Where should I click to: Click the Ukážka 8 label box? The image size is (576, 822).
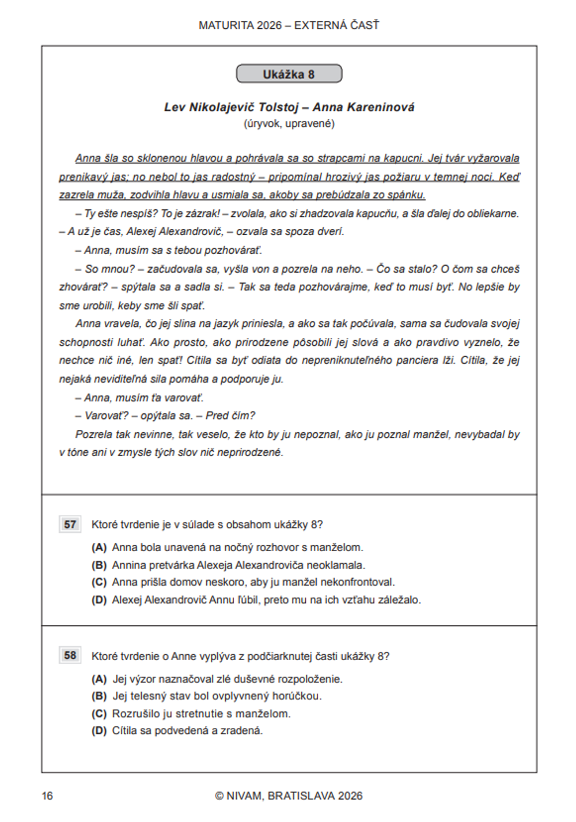pos(289,74)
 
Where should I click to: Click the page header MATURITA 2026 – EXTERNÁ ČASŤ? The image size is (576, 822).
pos(289,25)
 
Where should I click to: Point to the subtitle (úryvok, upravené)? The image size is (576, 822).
pos(289,123)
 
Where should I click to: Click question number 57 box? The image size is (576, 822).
pos(70,525)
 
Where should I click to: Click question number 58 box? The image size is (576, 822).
pos(70,655)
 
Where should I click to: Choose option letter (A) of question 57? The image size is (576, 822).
pos(99,548)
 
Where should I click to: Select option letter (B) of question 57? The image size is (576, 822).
pos(99,565)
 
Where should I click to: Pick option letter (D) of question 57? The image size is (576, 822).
pos(99,600)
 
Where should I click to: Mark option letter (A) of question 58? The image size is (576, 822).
pos(99,679)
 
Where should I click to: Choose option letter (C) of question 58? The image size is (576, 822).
pos(99,714)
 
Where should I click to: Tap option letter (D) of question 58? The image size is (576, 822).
pos(99,731)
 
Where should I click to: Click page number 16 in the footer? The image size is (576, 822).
pos(47,796)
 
